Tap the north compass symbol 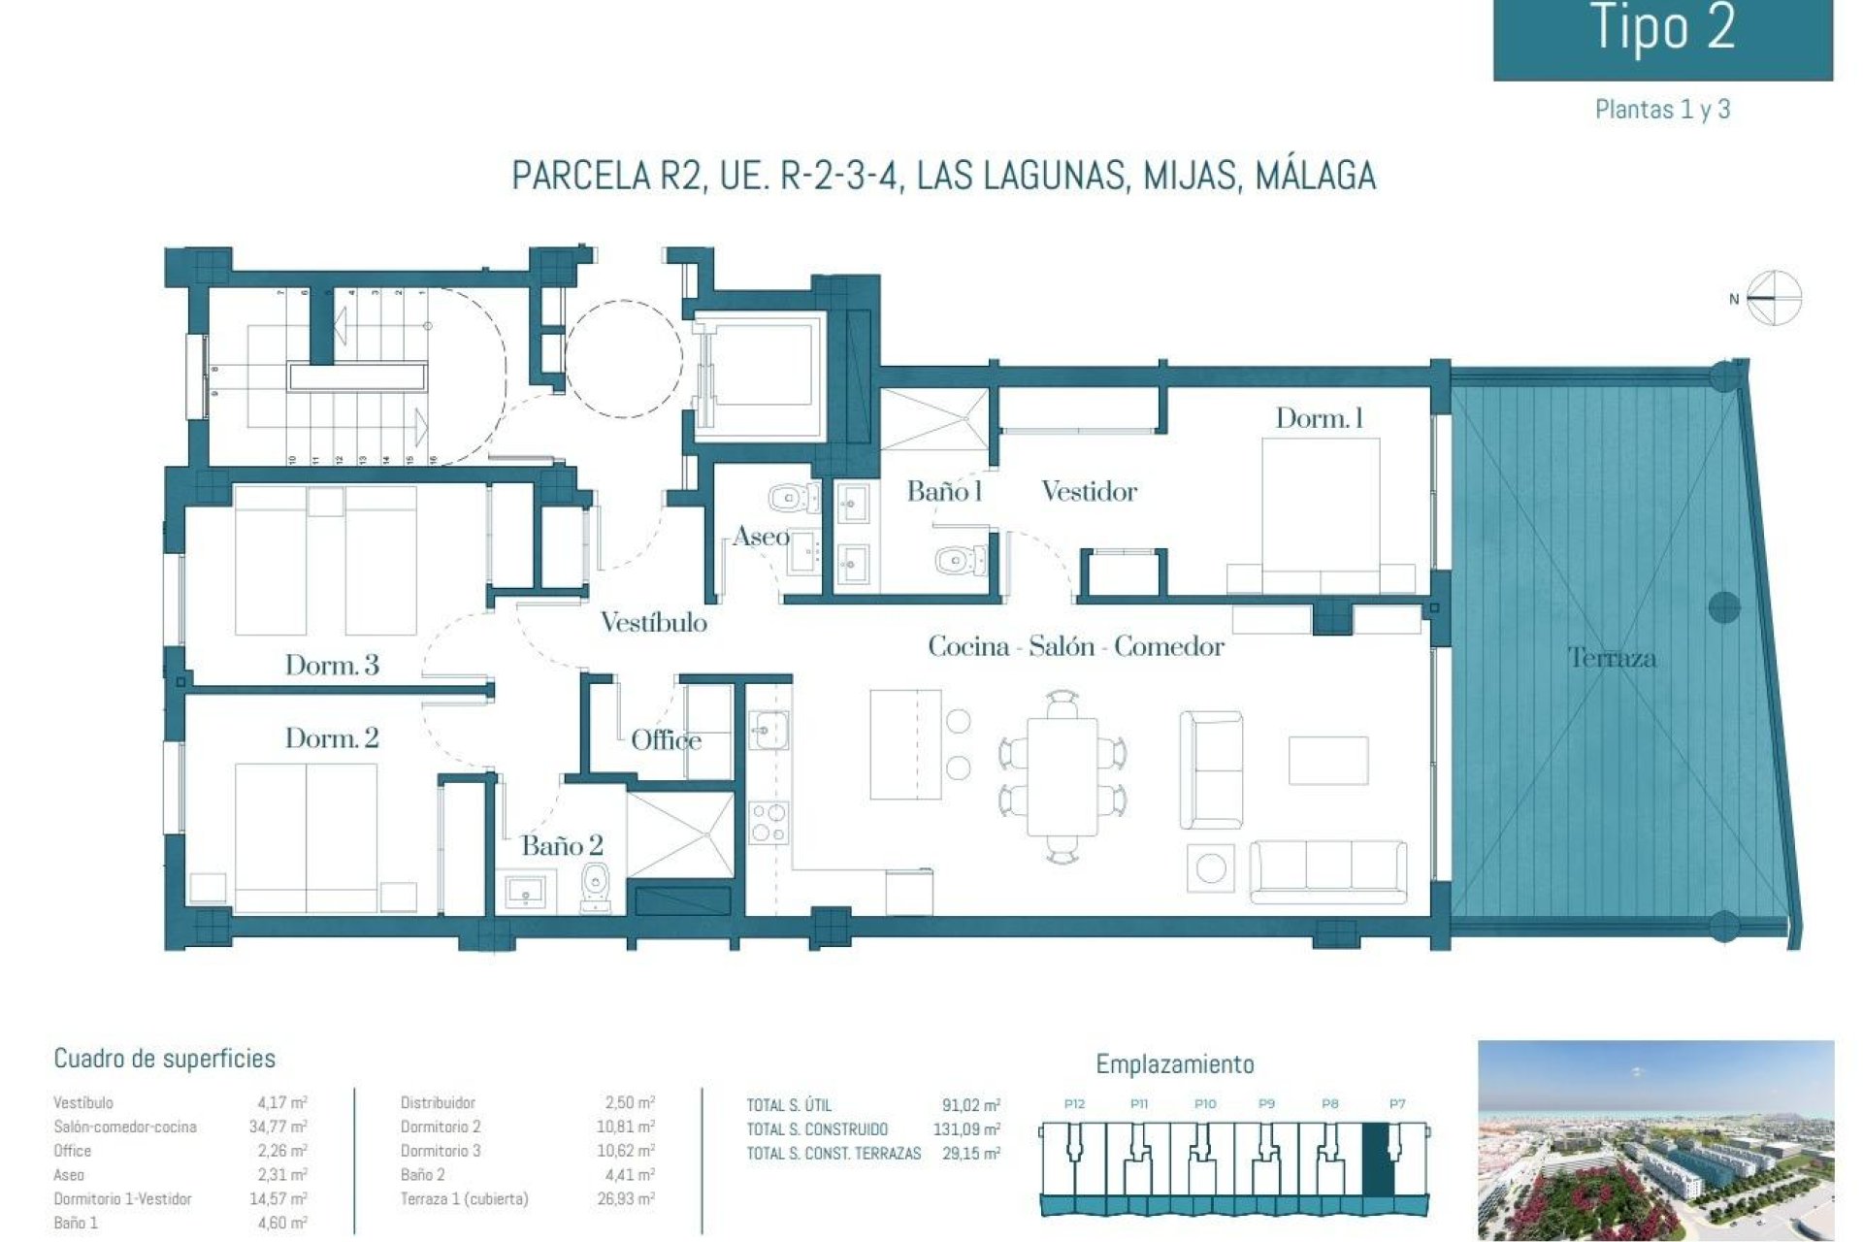1773,298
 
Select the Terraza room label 1612,658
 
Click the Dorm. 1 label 1319,418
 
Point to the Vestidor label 1089,491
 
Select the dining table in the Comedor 1062,775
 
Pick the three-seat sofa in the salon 1327,870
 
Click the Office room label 666,740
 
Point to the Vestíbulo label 653,622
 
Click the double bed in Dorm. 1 1320,514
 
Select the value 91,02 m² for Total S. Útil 970,1105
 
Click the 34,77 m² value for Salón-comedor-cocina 278,1127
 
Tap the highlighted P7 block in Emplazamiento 1378,1160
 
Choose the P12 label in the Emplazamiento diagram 1074,1104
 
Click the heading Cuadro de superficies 164,1059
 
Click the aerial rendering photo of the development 1655,1140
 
